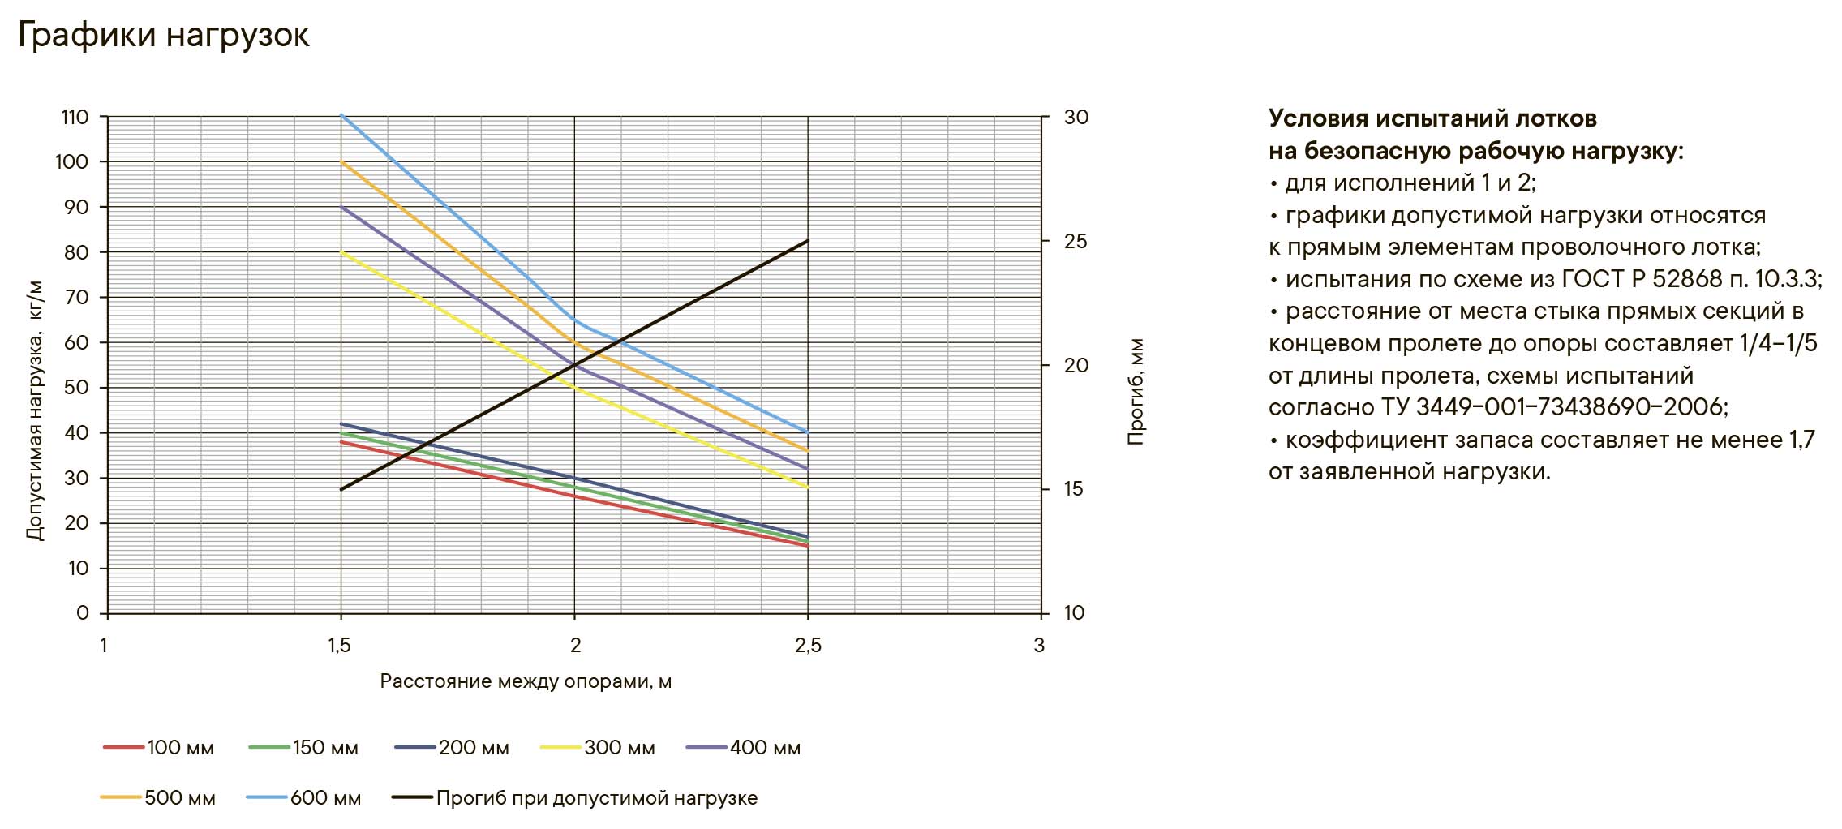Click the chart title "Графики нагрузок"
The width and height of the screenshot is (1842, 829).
point(163,36)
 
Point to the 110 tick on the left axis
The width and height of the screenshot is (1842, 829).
point(75,118)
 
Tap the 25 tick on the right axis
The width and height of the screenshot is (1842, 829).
point(1076,242)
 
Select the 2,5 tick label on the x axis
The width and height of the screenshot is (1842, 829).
point(808,646)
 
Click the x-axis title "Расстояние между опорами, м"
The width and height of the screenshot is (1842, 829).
point(526,681)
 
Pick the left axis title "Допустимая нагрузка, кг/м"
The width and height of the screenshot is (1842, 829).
point(34,411)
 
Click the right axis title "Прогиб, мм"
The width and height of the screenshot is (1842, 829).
point(1136,392)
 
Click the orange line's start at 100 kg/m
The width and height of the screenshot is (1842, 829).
point(341,162)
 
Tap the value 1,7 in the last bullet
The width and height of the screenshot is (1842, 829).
point(1801,440)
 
